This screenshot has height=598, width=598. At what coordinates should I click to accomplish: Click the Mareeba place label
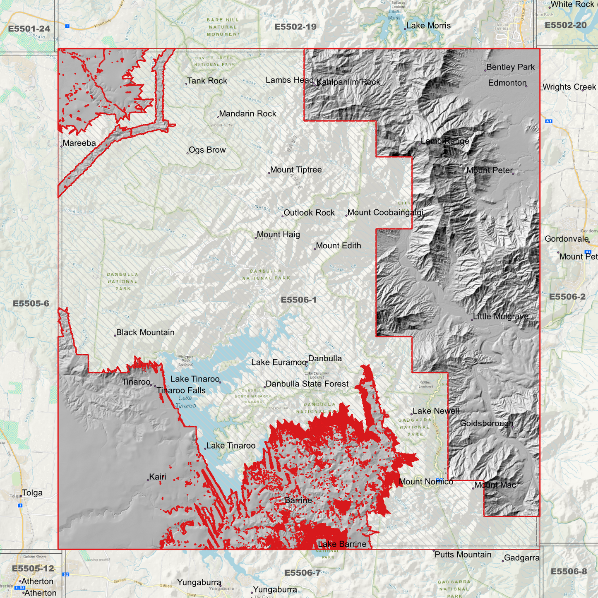click(x=79, y=143)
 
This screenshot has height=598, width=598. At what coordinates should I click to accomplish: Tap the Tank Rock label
click(x=207, y=81)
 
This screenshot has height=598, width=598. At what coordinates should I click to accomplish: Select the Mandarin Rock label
click(x=247, y=113)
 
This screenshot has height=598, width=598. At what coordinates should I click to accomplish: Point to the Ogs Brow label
click(x=207, y=150)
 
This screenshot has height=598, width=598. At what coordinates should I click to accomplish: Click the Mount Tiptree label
click(x=295, y=170)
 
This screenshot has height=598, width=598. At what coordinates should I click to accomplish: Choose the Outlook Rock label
click(x=309, y=213)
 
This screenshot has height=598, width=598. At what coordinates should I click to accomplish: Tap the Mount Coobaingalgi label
click(x=385, y=213)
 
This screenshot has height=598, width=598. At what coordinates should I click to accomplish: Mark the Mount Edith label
click(x=338, y=246)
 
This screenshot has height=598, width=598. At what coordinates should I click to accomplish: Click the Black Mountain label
click(x=145, y=332)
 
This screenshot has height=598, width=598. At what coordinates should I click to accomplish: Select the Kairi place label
click(x=157, y=477)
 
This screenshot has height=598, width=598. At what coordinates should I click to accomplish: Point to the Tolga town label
click(x=32, y=493)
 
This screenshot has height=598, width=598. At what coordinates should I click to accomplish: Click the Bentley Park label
click(x=510, y=67)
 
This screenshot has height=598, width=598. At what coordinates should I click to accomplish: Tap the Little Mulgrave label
click(x=500, y=317)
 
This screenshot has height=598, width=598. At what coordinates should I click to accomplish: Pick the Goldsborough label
click(x=486, y=423)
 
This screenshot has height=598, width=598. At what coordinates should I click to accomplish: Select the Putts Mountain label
click(x=463, y=555)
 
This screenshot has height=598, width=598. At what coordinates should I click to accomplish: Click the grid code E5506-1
click(x=298, y=300)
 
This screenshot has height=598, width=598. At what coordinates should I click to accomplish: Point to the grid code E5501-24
click(x=29, y=29)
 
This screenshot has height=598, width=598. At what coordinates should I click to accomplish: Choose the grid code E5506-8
click(x=568, y=572)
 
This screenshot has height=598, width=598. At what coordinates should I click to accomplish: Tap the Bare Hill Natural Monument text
click(x=223, y=27)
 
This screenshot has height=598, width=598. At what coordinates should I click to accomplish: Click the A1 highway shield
click(x=549, y=121)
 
